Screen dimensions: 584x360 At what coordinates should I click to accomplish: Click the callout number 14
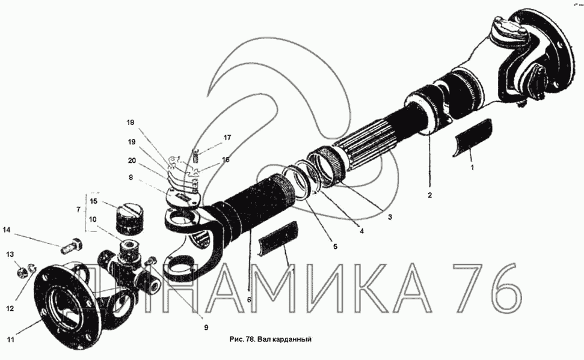click(x=7, y=230)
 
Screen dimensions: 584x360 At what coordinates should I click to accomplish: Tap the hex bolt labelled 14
click(x=72, y=245)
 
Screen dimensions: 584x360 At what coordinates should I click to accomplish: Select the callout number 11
click(x=10, y=340)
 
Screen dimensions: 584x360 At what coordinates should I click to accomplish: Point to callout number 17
click(x=227, y=138)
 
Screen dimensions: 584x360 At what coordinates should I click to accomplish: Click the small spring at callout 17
click(x=195, y=155)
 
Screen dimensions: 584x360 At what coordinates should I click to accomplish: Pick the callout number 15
click(x=93, y=201)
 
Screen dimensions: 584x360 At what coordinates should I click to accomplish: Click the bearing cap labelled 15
click(x=128, y=220)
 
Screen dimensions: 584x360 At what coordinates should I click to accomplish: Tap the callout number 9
click(x=206, y=328)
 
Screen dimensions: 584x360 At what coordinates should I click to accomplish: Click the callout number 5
click(x=335, y=246)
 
